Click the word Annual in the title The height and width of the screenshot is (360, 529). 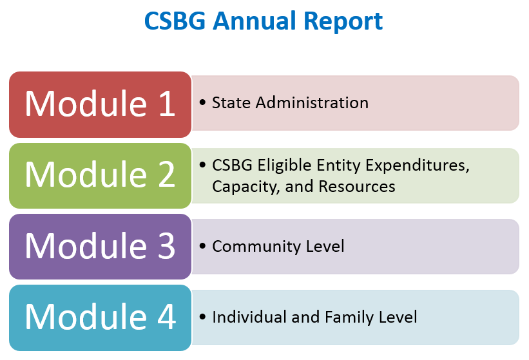[x=255, y=21]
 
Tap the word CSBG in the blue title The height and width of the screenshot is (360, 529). [x=175, y=21]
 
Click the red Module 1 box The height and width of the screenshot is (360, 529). [x=101, y=104]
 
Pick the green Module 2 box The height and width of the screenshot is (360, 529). [x=101, y=176]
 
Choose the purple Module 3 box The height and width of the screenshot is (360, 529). [x=101, y=247]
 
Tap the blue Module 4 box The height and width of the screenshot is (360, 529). [x=101, y=318]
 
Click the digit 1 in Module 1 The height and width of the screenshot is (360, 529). [x=167, y=104]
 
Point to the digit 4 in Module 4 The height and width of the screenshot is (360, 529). [x=167, y=316]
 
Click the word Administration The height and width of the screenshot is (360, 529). [x=312, y=102]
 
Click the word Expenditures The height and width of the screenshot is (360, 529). [x=418, y=166]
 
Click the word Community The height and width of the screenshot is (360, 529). [x=256, y=247]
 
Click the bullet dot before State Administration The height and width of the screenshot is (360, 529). [x=202, y=102]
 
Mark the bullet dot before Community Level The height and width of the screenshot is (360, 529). [x=202, y=246]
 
